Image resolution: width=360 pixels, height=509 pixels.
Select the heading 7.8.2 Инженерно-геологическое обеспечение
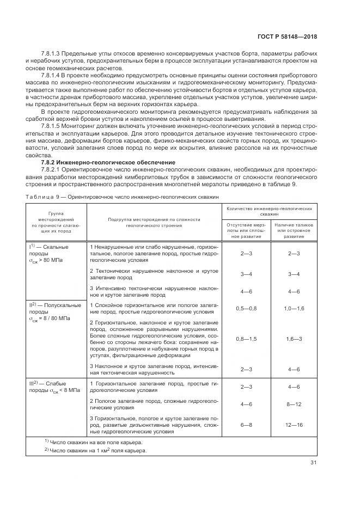108,162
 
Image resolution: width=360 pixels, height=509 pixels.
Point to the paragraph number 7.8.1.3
51,53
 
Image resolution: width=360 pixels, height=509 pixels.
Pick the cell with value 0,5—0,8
246,309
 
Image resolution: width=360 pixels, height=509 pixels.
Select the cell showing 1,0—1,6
294,309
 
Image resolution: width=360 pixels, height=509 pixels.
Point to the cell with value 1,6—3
294,339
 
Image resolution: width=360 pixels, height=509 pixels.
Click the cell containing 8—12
294,404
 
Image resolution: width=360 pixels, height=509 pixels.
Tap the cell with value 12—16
294,425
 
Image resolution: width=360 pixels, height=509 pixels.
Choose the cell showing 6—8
246,425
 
